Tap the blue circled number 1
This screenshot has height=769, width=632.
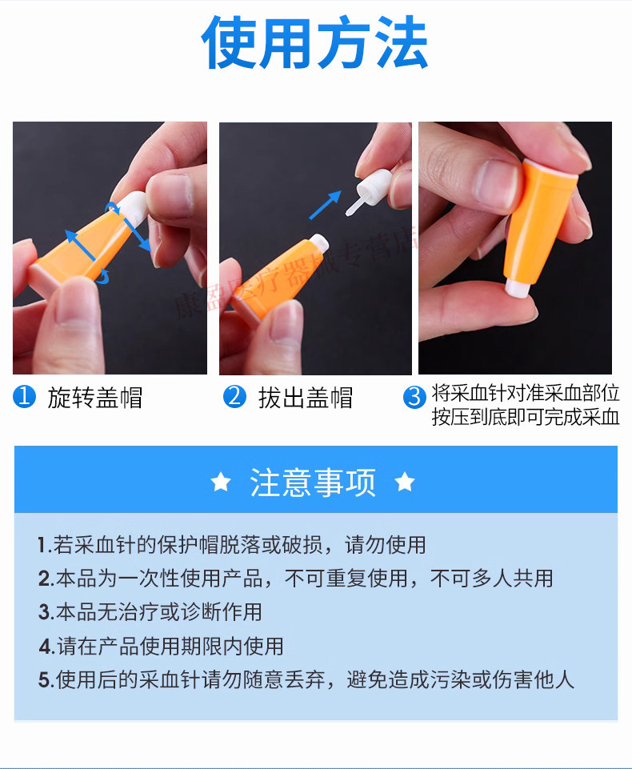click(x=25, y=396)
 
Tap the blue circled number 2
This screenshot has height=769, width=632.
click(x=235, y=396)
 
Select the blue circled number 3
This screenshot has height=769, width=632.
click(x=414, y=397)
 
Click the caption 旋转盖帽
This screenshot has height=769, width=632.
click(x=95, y=397)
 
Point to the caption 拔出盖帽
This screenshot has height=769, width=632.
click(x=306, y=397)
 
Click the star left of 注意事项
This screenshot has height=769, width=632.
click(x=221, y=482)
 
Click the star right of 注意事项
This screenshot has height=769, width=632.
click(x=405, y=482)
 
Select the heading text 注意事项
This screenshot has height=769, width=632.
click(x=313, y=483)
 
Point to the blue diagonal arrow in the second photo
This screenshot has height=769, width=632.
click(x=325, y=205)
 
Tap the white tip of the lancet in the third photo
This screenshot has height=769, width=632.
click(x=518, y=287)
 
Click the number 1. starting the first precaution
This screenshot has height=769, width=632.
click(x=45, y=545)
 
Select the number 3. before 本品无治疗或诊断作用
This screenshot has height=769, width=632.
click(x=46, y=612)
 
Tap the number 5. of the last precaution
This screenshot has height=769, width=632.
click(x=46, y=680)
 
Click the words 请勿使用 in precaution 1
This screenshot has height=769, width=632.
click(x=386, y=545)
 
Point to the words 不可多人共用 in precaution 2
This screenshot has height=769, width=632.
click(x=492, y=579)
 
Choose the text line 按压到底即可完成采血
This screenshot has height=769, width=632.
click(x=526, y=417)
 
